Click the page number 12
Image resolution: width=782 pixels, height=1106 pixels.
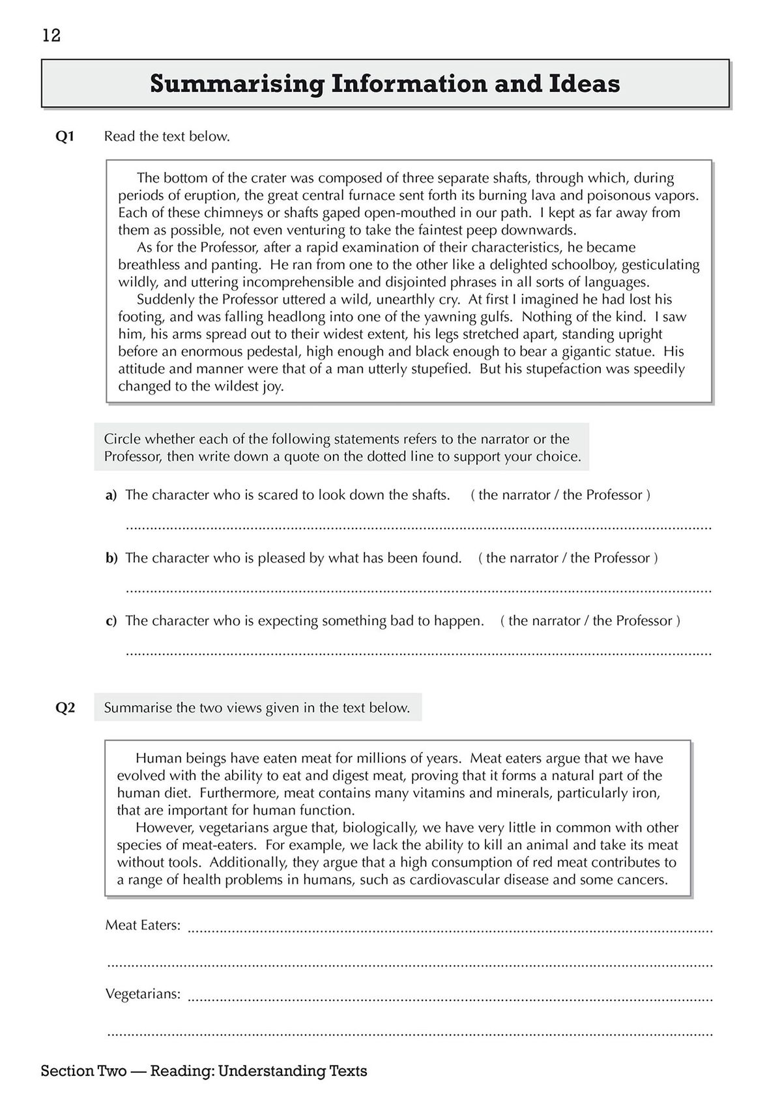[x=51, y=35]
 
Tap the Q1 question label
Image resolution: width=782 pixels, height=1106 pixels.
[x=66, y=136]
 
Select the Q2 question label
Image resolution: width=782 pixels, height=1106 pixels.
[x=66, y=708]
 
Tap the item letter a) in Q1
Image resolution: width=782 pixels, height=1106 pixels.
[x=111, y=495]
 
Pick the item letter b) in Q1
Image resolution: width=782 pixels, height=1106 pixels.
[x=111, y=559]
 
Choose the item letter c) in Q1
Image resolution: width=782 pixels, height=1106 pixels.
[x=111, y=621]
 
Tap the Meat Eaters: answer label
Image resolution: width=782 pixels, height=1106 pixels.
[x=143, y=925]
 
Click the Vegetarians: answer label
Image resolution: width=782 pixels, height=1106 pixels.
[x=143, y=994]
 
